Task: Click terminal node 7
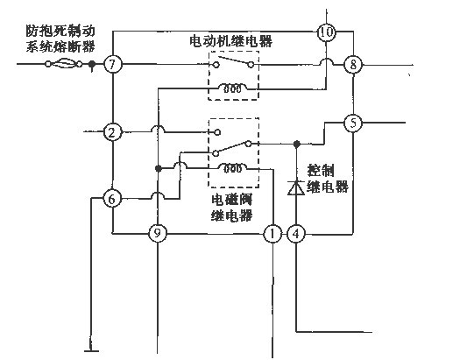112,65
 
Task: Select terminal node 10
326,32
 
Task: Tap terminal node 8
353,65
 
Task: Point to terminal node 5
353,123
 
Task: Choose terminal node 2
112,132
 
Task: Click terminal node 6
112,199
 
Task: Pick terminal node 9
157,234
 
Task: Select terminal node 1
272,234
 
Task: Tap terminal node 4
296,234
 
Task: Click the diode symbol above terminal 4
296,187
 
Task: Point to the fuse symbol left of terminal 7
63,64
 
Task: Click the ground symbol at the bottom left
91,350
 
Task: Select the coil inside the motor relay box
233,88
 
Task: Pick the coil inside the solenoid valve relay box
233,168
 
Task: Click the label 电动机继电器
230,41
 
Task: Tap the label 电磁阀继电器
231,208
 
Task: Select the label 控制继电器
328,179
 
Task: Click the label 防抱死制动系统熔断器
60,39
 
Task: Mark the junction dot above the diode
297,144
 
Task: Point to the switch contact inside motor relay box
233,61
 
